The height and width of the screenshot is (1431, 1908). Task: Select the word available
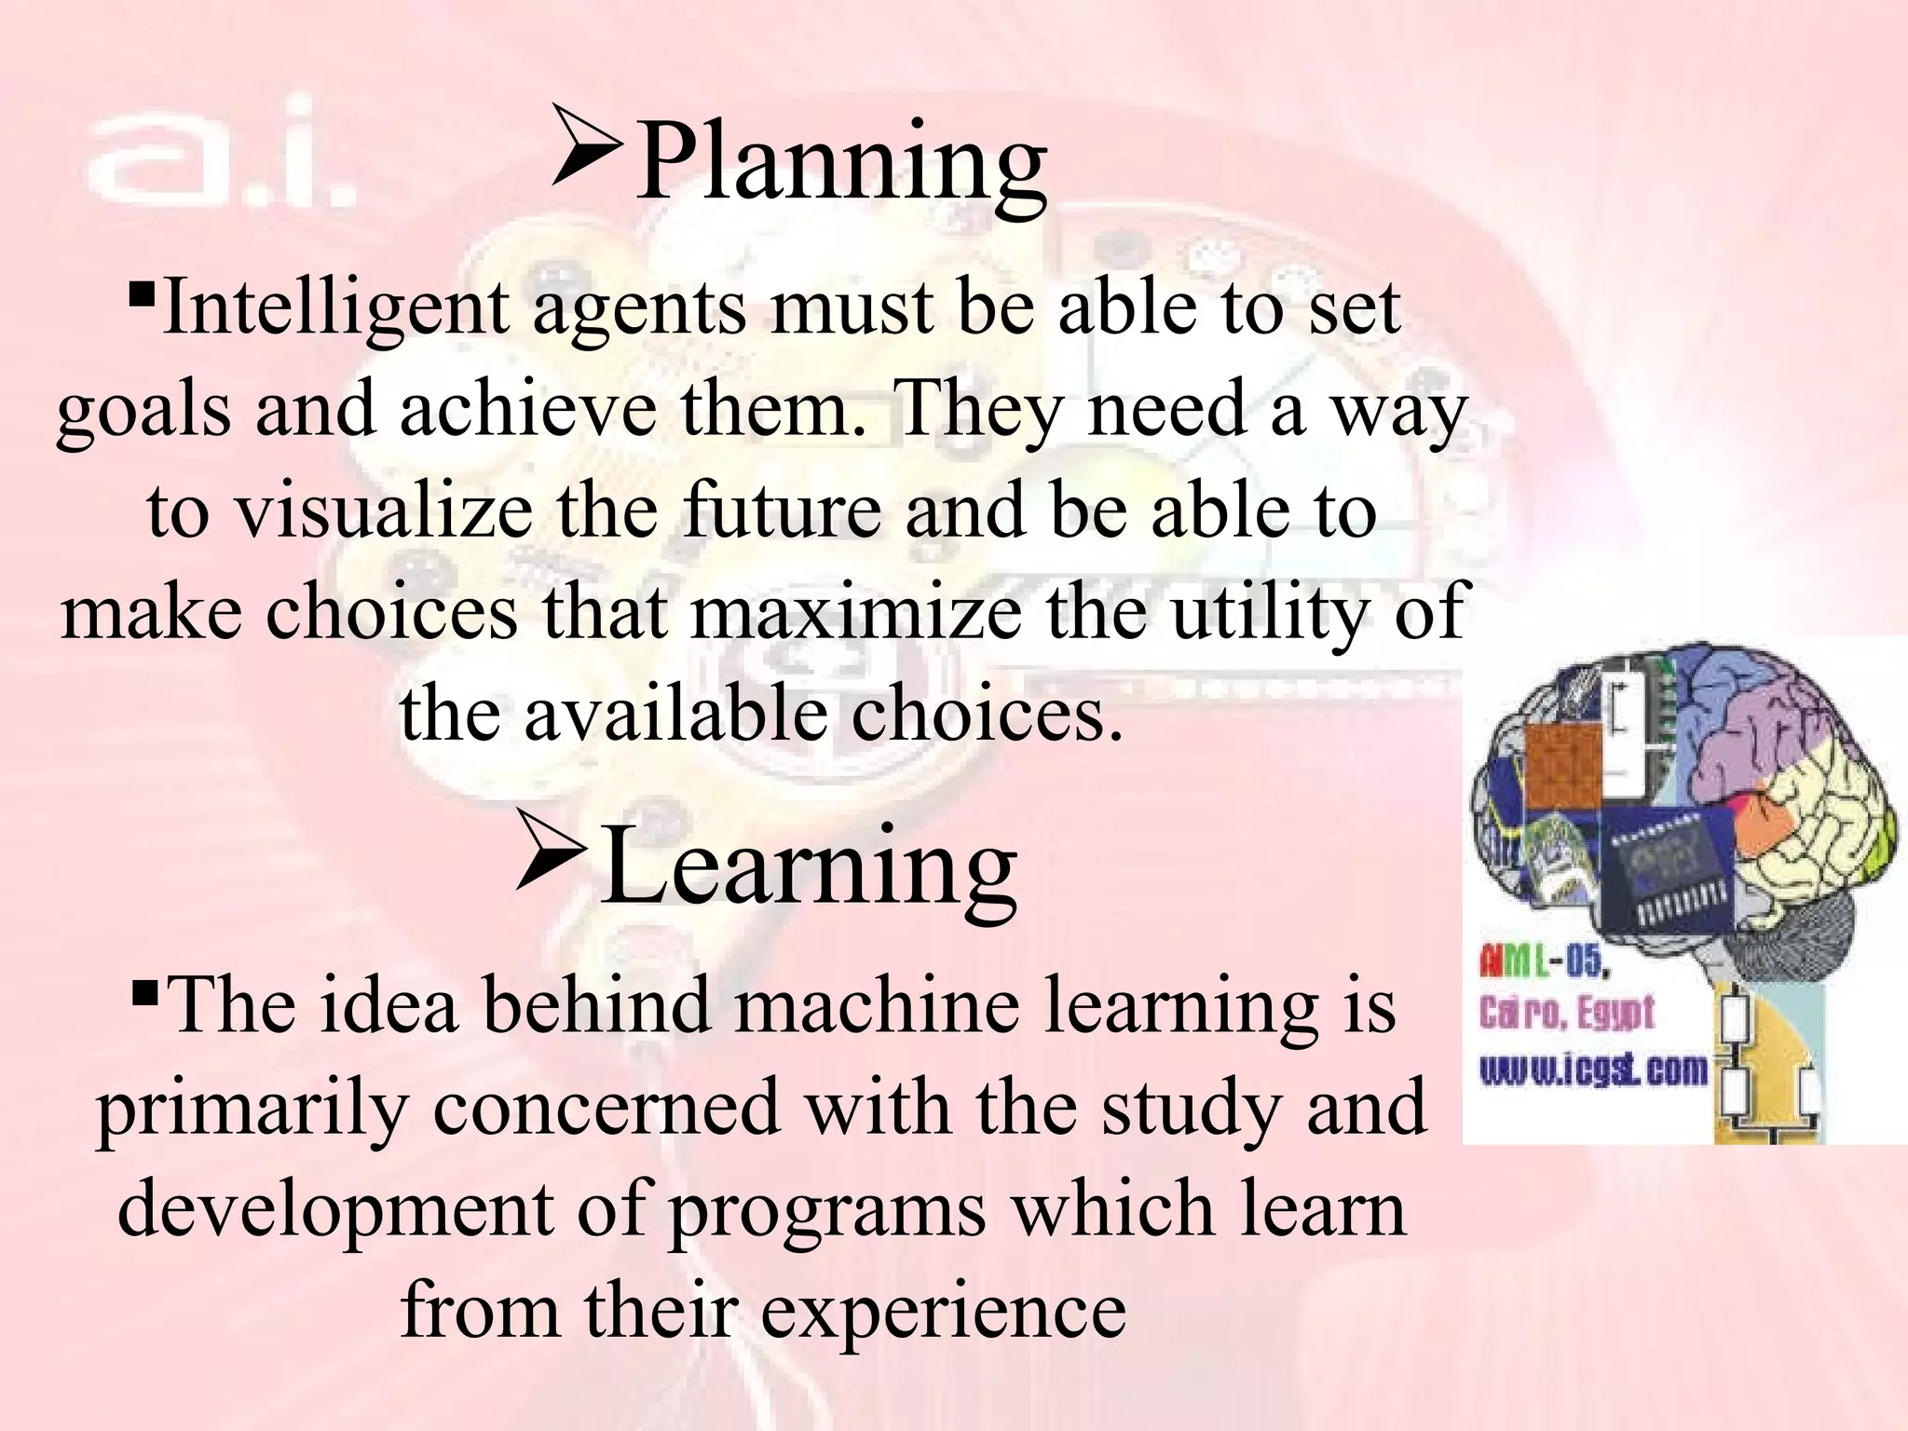tap(675, 713)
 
